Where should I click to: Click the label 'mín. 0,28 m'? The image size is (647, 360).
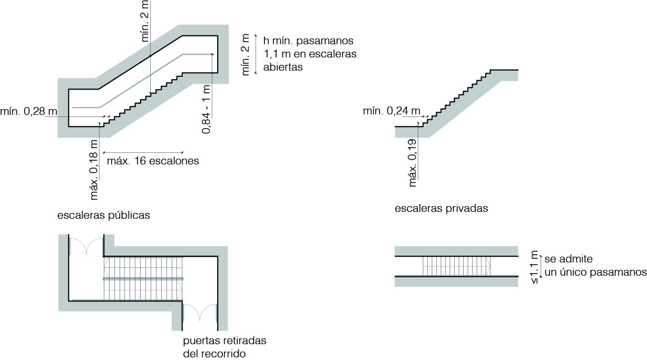[28, 111]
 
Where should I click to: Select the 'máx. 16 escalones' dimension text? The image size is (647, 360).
[153, 161]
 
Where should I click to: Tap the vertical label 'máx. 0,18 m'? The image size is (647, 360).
[94, 170]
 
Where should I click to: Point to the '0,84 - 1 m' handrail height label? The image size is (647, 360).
[207, 109]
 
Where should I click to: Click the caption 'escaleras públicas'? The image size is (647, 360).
[104, 215]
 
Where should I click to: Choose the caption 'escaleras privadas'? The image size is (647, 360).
[442, 208]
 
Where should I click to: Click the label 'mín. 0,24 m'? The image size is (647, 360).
[391, 111]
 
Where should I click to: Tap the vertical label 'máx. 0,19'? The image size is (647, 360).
[413, 162]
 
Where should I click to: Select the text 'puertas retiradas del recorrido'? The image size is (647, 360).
[224, 347]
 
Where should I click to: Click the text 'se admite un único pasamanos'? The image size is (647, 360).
[595, 266]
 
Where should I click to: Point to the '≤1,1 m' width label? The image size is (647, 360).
[535, 267]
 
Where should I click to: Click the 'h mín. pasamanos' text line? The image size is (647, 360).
[308, 41]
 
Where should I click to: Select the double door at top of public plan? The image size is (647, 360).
[87, 246]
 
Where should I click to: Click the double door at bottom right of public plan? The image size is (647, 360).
[200, 312]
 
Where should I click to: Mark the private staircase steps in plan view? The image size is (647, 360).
[456, 266]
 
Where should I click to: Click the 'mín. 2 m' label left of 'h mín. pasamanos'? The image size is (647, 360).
[245, 55]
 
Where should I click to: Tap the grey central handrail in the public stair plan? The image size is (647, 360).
[142, 278]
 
